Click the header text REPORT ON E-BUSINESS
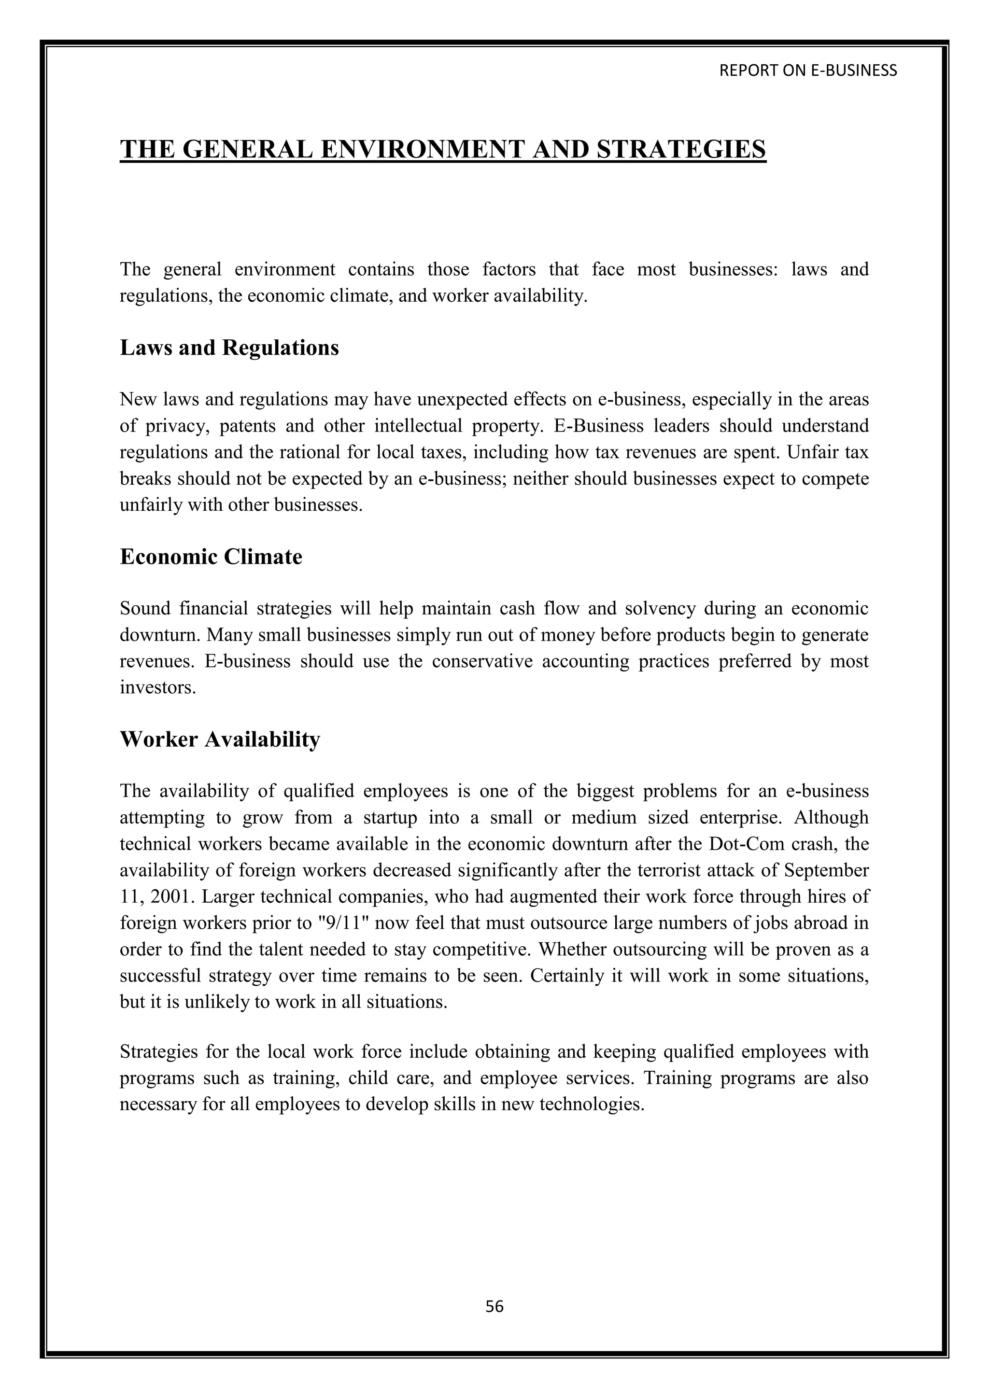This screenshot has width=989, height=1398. [x=808, y=70]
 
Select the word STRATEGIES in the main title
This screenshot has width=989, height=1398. [x=681, y=150]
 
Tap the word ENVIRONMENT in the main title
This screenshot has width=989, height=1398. [x=423, y=150]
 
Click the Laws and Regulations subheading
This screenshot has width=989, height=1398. [x=229, y=348]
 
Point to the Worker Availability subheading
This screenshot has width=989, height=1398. [x=220, y=739]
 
